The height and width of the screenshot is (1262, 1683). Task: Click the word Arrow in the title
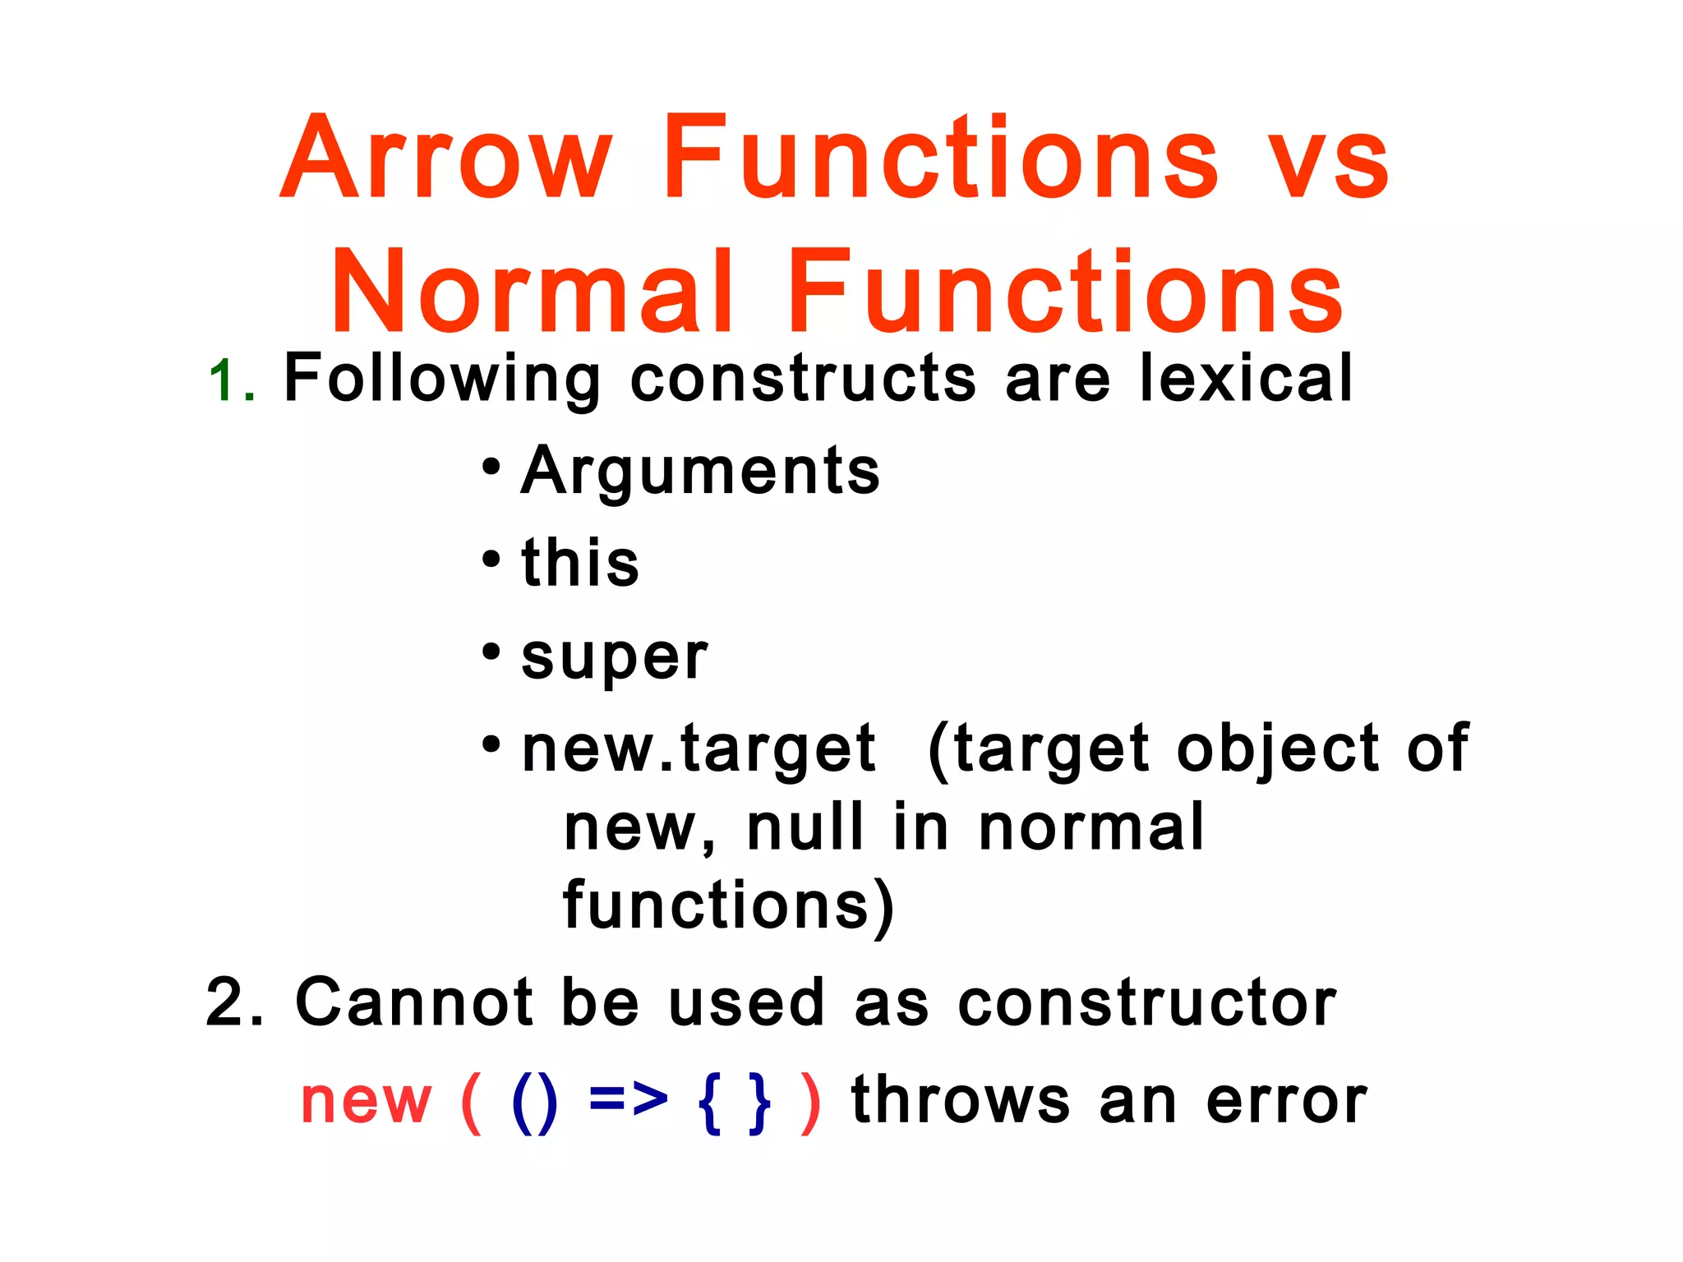click(x=448, y=158)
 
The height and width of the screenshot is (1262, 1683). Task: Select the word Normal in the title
click(x=533, y=292)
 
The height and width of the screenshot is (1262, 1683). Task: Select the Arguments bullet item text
click(x=700, y=472)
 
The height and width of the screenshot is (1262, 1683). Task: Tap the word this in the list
click(x=580, y=563)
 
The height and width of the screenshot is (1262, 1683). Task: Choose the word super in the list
click(x=615, y=657)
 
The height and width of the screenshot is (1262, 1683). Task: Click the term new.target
click(x=699, y=749)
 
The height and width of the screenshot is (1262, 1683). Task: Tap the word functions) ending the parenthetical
click(x=728, y=905)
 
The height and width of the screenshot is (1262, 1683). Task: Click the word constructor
click(x=1147, y=1003)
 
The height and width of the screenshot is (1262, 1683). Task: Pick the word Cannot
click(x=414, y=1002)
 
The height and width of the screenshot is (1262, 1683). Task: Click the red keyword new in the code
click(x=366, y=1101)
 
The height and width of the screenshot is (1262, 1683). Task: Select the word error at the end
click(x=1286, y=1101)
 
